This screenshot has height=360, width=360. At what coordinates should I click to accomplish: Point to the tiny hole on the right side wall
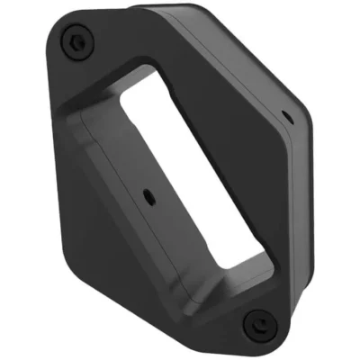pos(284,114)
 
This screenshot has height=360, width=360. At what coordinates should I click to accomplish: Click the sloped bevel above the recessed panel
pos(108,99)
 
